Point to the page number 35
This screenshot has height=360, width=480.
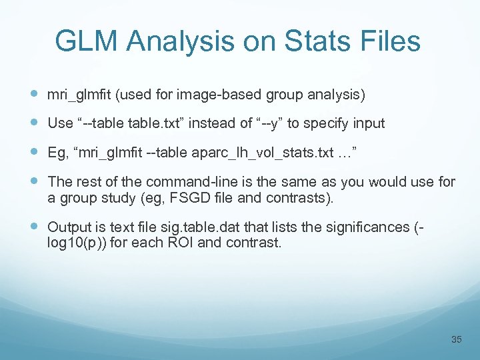tap(456, 339)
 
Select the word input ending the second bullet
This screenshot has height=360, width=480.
tap(366, 124)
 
